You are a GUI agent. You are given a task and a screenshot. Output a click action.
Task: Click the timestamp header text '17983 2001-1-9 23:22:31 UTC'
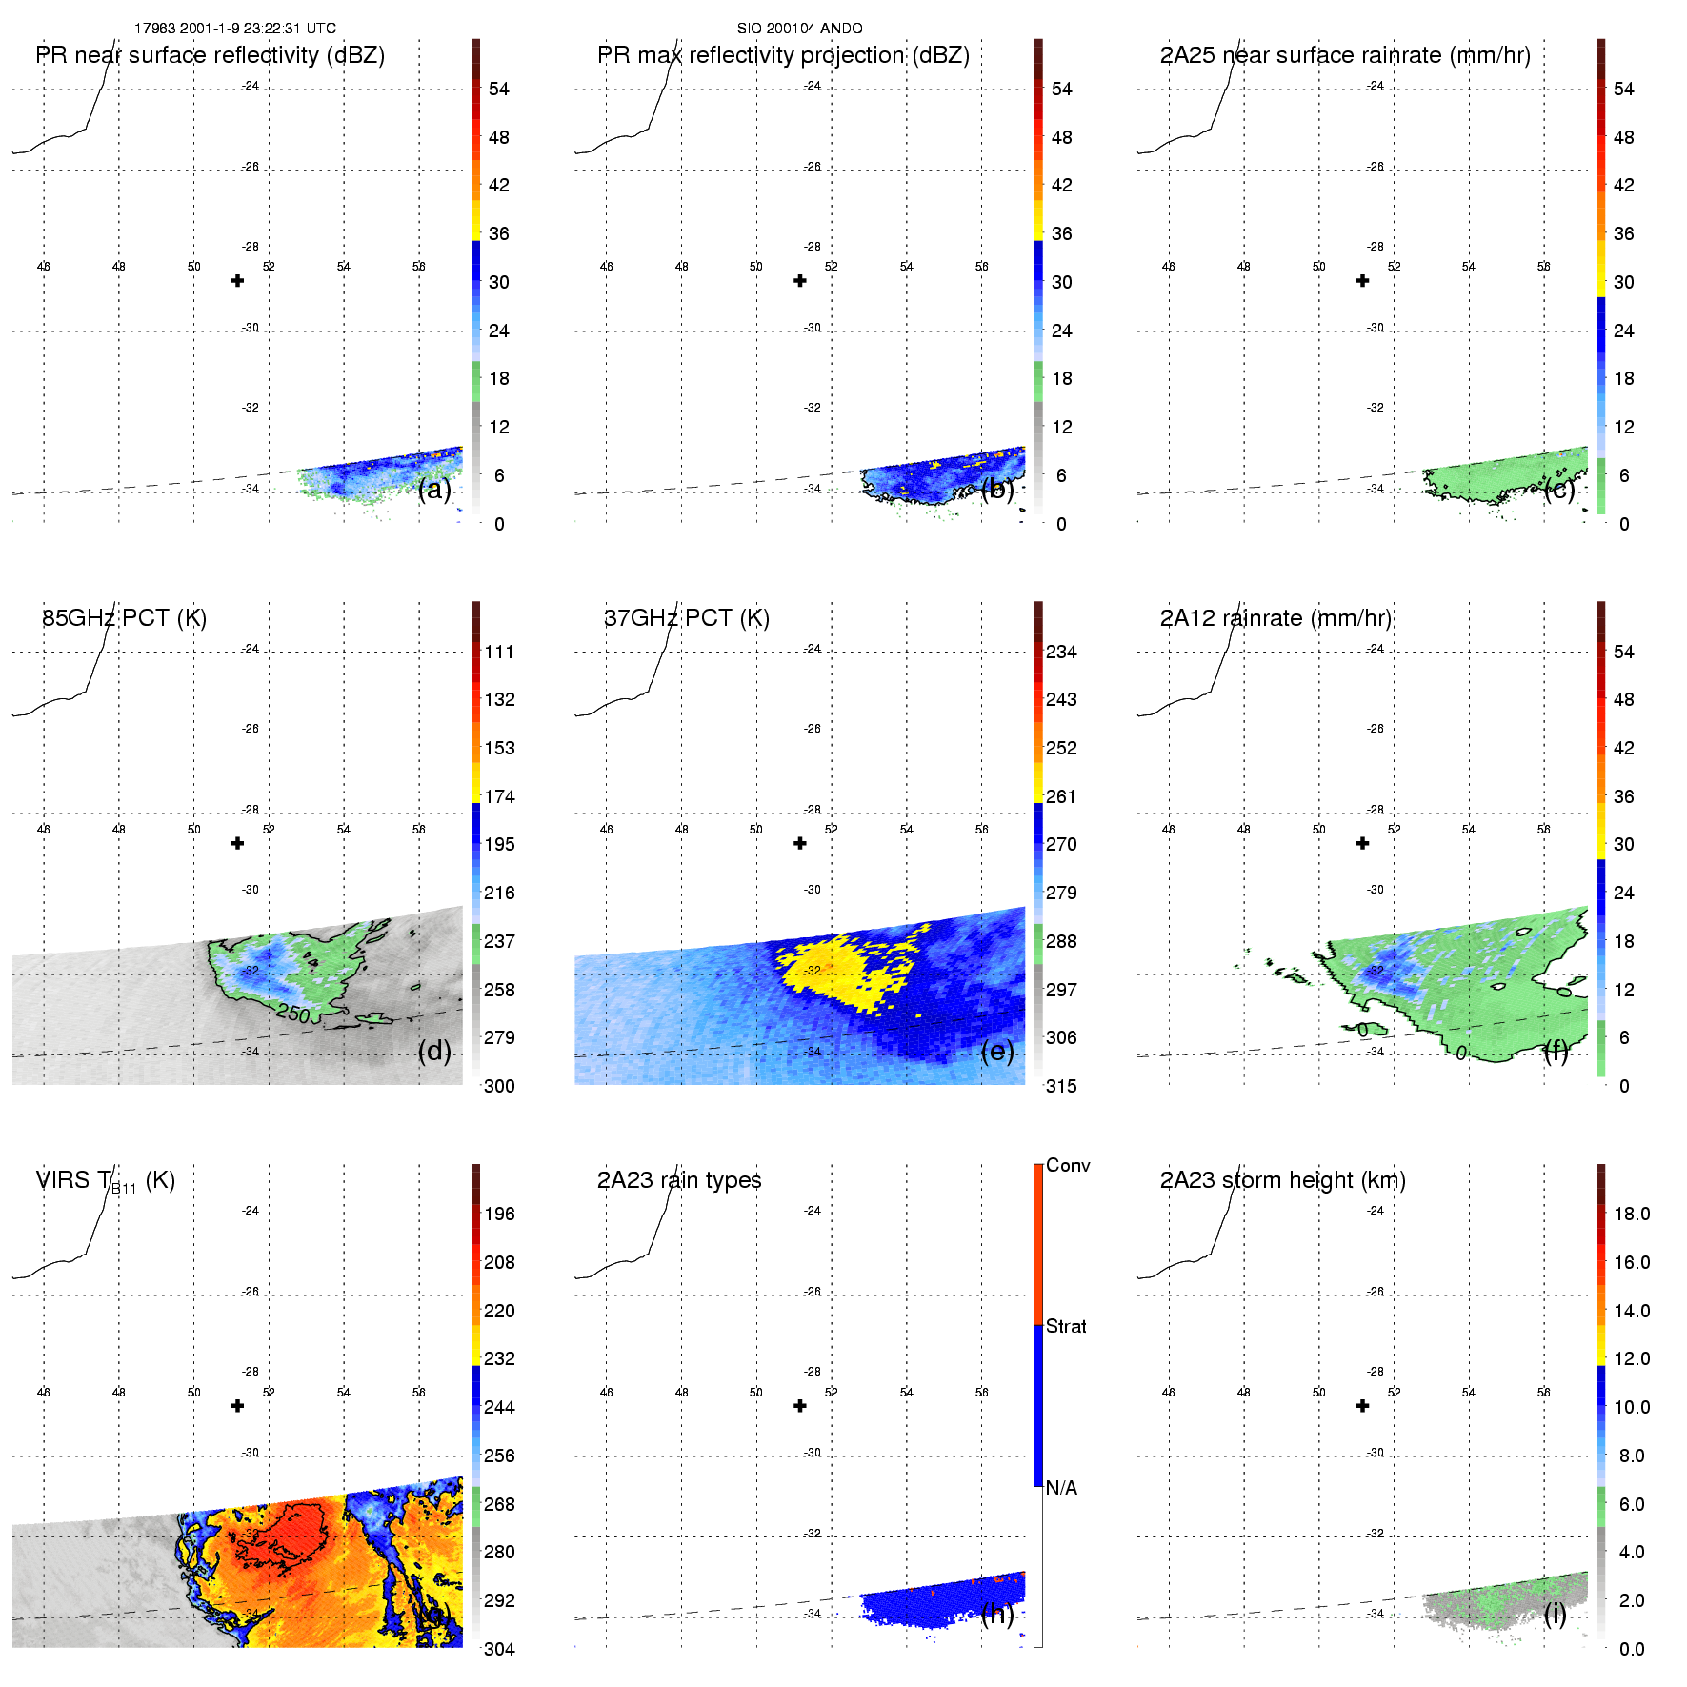click(x=234, y=29)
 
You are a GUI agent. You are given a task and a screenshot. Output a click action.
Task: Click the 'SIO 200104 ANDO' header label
click(x=799, y=29)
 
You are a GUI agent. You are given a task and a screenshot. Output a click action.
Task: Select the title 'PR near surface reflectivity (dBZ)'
click(x=210, y=55)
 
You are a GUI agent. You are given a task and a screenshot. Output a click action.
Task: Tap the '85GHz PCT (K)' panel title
click(x=124, y=618)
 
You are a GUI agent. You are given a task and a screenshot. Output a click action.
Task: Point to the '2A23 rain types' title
click(x=679, y=1180)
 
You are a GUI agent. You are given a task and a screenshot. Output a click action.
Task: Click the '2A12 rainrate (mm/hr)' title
click(x=1275, y=618)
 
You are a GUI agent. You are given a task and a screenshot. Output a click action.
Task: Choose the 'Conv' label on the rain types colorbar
click(x=1068, y=1165)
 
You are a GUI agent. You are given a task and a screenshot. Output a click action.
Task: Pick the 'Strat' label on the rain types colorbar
click(x=1066, y=1326)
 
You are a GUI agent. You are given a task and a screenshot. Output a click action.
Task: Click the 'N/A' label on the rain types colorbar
click(x=1061, y=1488)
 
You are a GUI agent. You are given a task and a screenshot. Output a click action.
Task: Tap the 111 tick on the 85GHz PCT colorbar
click(x=499, y=652)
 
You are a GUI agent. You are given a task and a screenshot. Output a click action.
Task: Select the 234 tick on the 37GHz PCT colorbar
click(x=1061, y=652)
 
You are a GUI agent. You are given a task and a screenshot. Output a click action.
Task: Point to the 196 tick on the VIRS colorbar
click(x=499, y=1214)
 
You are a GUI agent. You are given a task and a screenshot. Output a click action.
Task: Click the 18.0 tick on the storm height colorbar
click(x=1632, y=1214)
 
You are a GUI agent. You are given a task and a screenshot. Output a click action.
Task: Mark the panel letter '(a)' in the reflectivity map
click(x=434, y=489)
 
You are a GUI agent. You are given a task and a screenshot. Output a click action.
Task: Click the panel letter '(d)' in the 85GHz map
click(x=434, y=1051)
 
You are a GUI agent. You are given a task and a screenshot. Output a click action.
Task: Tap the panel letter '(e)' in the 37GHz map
click(x=997, y=1051)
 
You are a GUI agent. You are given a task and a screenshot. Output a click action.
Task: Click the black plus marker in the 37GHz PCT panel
click(x=800, y=843)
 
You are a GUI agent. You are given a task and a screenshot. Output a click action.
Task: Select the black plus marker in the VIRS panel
click(x=238, y=1406)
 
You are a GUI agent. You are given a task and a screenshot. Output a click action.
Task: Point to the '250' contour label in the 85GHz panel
click(x=293, y=1014)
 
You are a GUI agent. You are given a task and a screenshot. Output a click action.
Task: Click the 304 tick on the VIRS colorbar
click(x=499, y=1649)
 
